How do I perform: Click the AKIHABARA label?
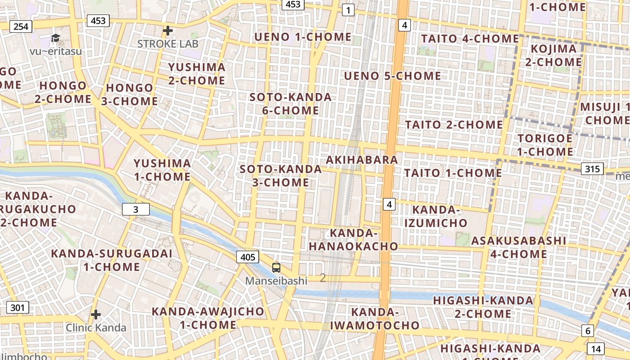pos(362,160)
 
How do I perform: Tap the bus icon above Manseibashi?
pos(276,268)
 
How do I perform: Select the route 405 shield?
pos(247,257)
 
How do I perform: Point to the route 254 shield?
pos(21,27)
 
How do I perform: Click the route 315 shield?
pos(592,169)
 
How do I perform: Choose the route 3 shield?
pos(135,209)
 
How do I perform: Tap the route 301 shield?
pos(18,308)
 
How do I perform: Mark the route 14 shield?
pos(596,349)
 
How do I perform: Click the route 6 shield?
pos(588,331)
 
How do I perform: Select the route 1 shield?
pos(348,10)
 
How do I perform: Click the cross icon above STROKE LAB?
pos(168,31)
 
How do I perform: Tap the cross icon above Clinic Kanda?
pos(96,314)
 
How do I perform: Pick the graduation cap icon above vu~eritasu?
pos(55,38)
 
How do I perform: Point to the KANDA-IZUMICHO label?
pos(436,216)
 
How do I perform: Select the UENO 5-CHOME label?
pos(392,76)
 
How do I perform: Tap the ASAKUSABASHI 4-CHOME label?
pos(518,247)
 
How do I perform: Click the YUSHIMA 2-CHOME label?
pos(197,74)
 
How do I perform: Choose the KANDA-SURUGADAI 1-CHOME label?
pos(112,260)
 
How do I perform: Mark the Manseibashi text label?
pos(276,281)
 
